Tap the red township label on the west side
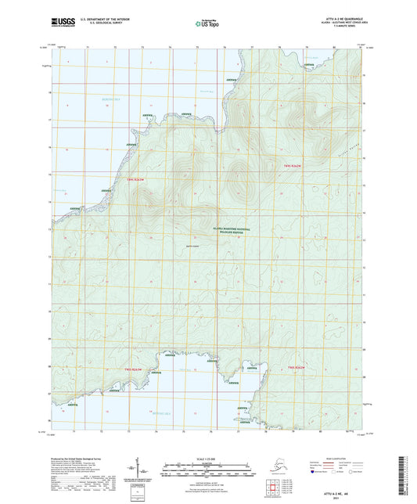(135, 179)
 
